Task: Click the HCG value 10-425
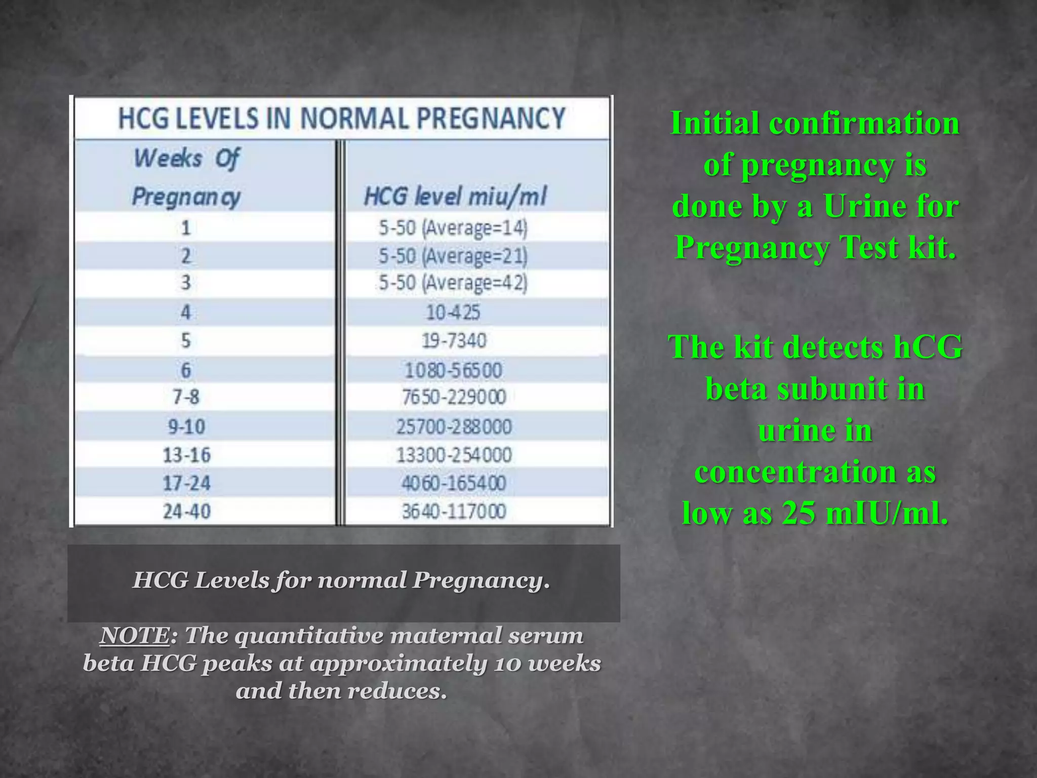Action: click(453, 312)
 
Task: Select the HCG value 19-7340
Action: click(454, 340)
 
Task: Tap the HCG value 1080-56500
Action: click(453, 370)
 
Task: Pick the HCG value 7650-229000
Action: click(454, 397)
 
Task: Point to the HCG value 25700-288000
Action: click(454, 426)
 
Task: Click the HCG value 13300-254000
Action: click(454, 455)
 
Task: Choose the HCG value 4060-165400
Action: click(454, 483)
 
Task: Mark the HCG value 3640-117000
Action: click(454, 511)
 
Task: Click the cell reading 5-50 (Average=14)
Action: click(453, 228)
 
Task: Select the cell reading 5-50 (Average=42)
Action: click(453, 283)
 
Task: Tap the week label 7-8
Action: click(186, 397)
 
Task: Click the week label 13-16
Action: click(186, 455)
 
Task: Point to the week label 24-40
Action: click(186, 511)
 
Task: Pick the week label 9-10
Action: click(186, 426)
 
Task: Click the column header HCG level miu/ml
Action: click(455, 197)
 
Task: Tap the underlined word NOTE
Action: click(135, 636)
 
